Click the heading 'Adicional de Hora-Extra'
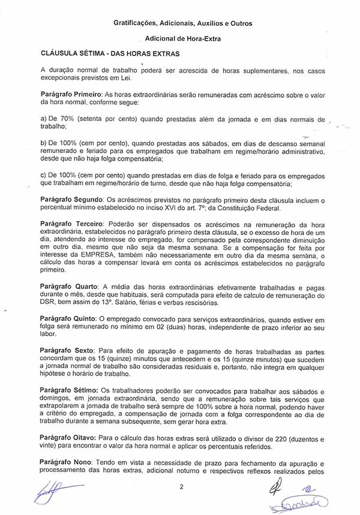[183, 38]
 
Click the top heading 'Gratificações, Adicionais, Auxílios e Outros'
[183, 23]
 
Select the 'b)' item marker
[43, 143]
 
